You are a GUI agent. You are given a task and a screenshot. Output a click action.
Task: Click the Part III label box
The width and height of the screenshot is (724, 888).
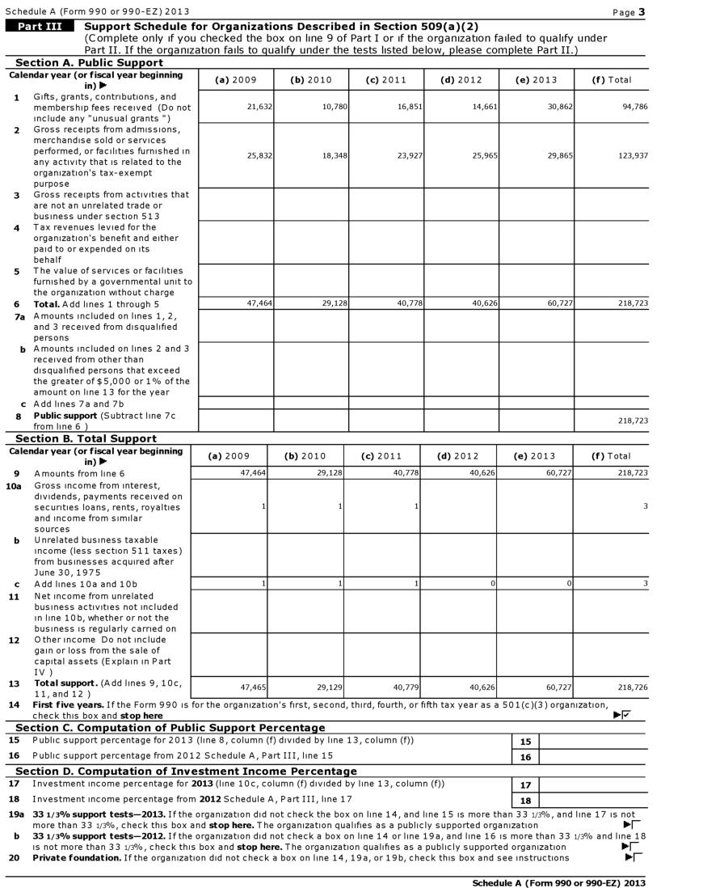40,26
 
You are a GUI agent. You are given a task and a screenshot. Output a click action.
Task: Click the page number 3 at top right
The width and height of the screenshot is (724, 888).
642,11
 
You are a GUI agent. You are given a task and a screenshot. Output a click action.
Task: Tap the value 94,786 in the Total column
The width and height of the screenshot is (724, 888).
635,107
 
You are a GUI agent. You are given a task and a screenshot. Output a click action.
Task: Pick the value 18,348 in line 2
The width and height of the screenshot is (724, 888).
335,155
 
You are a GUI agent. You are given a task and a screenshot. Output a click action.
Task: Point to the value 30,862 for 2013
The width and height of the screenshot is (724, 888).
560,107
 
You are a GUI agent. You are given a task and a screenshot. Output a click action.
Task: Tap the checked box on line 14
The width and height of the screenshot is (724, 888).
626,714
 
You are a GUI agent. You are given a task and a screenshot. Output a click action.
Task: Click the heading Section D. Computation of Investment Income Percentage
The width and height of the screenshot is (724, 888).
186,771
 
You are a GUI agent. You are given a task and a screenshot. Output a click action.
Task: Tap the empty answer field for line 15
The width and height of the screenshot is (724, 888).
591,741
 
